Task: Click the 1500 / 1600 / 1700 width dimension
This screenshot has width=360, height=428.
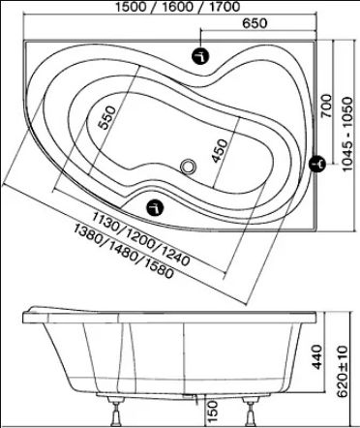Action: [x=178, y=7]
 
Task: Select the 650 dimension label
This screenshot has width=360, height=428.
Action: [x=255, y=23]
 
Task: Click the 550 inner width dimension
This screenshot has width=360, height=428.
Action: [x=106, y=117]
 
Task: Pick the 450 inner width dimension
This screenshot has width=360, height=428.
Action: [x=220, y=151]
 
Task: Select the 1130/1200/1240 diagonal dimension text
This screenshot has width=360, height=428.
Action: [x=140, y=238]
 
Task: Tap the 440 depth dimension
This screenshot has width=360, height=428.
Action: [x=317, y=356]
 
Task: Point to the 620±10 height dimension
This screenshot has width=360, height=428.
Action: [x=344, y=371]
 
